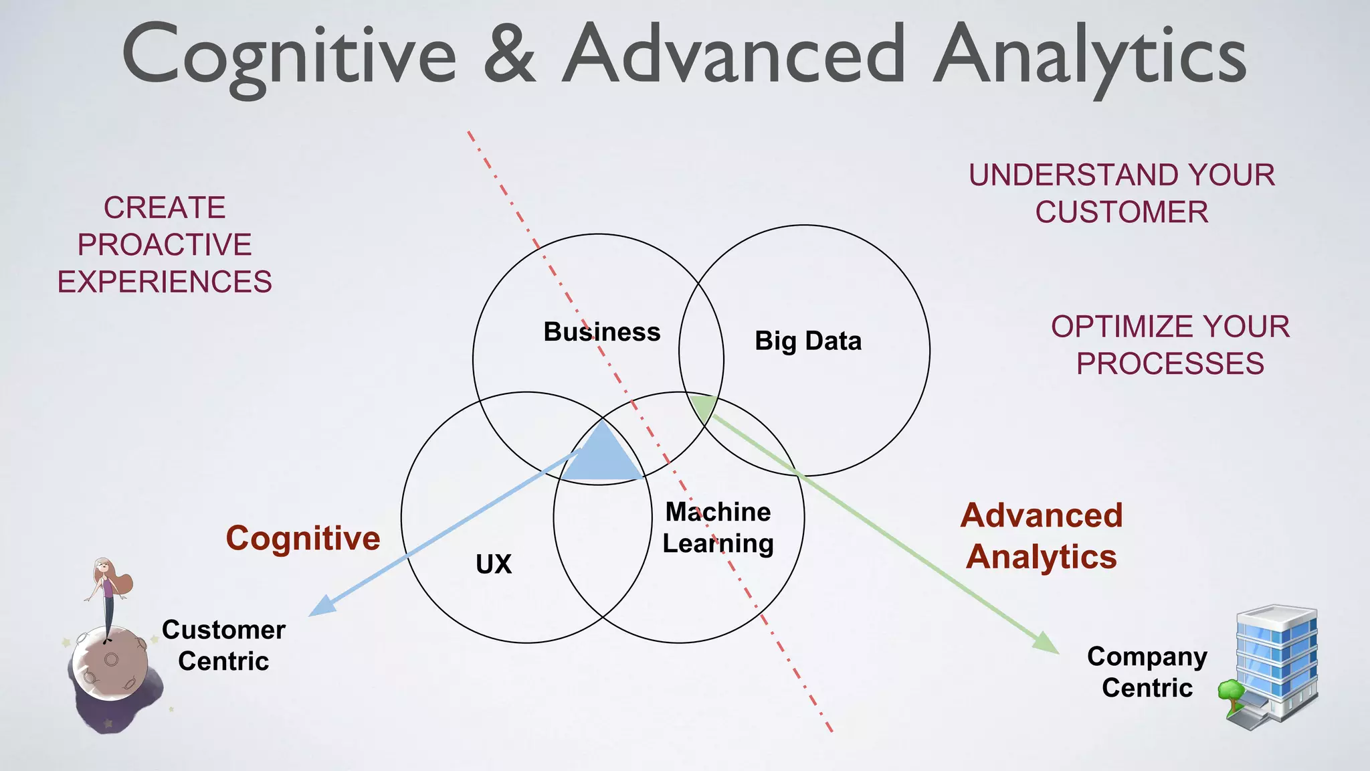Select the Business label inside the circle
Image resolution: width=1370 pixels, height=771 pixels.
coord(601,332)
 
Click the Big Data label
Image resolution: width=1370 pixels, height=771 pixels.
coord(808,341)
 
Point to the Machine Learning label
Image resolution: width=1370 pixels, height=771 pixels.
coord(718,527)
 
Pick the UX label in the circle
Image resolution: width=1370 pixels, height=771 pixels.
coord(494,564)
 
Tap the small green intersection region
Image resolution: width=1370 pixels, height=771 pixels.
coord(704,406)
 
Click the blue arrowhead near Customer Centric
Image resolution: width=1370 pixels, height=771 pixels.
coord(322,606)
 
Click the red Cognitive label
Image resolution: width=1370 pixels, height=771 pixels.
coord(303,538)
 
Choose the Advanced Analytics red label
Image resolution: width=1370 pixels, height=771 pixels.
coord(1042,536)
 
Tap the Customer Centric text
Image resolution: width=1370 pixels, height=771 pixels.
coord(223,645)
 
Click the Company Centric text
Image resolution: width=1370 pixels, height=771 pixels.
coord(1147,672)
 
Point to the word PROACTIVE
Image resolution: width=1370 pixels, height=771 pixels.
coord(165,245)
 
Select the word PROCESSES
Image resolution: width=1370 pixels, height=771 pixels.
coord(1170,364)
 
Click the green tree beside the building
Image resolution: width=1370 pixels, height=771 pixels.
coord(1230,693)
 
